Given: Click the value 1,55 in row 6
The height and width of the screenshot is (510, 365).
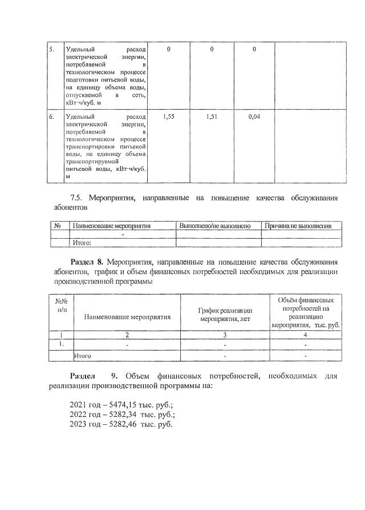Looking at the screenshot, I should (x=168, y=117).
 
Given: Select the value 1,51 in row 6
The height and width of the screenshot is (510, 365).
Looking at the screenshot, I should (x=212, y=117).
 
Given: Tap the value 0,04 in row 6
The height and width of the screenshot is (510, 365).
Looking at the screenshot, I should (x=254, y=117).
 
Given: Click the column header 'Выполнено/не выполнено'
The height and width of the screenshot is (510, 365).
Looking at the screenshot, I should (x=215, y=226).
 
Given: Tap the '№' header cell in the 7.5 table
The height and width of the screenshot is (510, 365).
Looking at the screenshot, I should (x=58, y=226).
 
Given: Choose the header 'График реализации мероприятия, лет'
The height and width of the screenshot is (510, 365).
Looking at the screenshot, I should (x=225, y=315).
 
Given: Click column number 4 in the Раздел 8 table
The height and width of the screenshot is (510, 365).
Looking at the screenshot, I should (x=306, y=335).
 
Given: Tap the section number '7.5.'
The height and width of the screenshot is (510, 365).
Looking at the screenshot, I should (x=78, y=198).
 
